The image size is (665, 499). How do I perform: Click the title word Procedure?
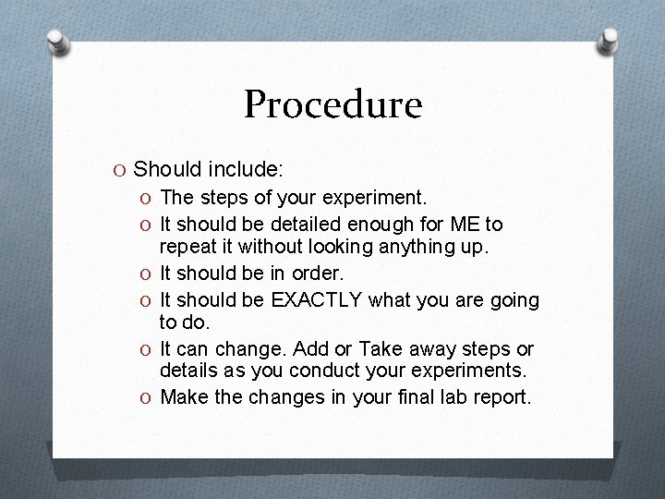point(332,104)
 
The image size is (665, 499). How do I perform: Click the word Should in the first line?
point(164,170)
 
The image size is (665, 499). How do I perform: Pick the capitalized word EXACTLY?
point(320,299)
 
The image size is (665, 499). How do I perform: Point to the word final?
point(398,398)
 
